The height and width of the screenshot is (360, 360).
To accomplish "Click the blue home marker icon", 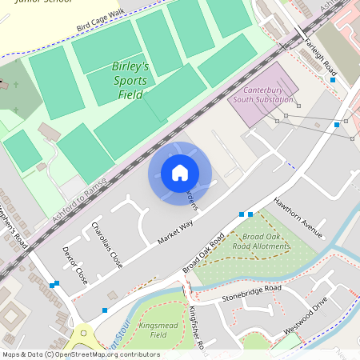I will point(179,173).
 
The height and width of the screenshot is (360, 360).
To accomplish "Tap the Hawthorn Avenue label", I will point(297,217).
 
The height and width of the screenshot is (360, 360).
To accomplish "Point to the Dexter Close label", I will point(74,265).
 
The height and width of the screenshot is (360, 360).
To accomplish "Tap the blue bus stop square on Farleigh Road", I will point(333,80).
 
